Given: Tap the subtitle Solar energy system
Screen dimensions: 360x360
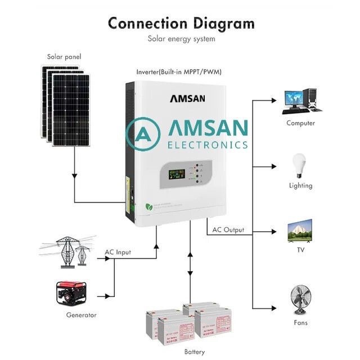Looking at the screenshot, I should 181,39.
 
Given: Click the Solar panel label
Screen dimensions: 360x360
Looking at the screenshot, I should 64,57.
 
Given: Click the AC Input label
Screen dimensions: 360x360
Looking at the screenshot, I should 118,252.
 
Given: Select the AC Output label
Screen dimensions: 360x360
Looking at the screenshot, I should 228,230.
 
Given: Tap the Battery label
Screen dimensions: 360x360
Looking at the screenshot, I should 195,352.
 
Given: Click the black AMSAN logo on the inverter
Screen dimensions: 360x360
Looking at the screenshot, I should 187,98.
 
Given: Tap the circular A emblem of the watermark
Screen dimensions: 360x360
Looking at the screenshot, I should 143,134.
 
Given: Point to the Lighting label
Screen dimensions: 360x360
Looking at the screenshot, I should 300,186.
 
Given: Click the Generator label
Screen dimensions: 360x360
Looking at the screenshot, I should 81,315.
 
